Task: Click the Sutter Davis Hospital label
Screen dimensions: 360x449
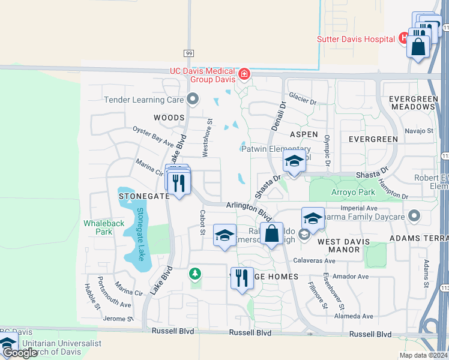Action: point(357,40)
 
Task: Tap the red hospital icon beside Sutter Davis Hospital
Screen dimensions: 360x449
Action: point(405,38)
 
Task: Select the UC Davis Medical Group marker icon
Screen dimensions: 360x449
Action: point(244,74)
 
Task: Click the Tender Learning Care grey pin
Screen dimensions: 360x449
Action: point(192,99)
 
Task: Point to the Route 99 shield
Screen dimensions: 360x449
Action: point(188,53)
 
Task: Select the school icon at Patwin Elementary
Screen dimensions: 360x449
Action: point(294,162)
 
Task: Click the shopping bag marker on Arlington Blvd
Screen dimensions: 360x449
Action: point(272,234)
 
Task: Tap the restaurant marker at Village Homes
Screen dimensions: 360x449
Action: point(241,278)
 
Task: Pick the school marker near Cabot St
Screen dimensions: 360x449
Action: point(224,236)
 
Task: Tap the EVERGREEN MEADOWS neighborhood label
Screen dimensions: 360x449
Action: point(412,103)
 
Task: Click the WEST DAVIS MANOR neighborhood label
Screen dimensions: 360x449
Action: point(347,245)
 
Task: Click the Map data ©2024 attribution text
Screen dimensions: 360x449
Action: point(424,355)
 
